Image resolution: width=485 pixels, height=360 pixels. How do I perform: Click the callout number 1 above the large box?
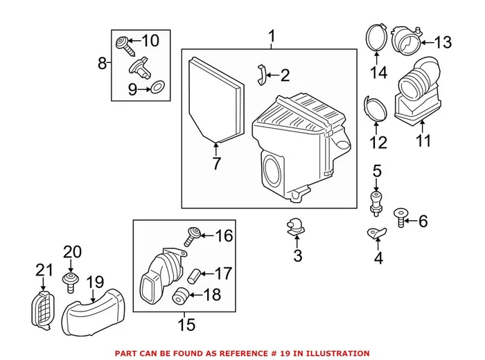click(272, 35)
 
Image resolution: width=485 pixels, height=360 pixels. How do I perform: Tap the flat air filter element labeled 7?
click(216, 100)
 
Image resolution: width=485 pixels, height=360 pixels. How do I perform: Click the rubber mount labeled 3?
click(294, 226)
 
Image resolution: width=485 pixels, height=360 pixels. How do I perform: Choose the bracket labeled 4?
click(375, 234)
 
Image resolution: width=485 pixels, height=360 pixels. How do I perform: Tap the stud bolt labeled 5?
click(376, 201)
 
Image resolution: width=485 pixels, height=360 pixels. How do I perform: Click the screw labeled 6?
click(400, 217)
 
